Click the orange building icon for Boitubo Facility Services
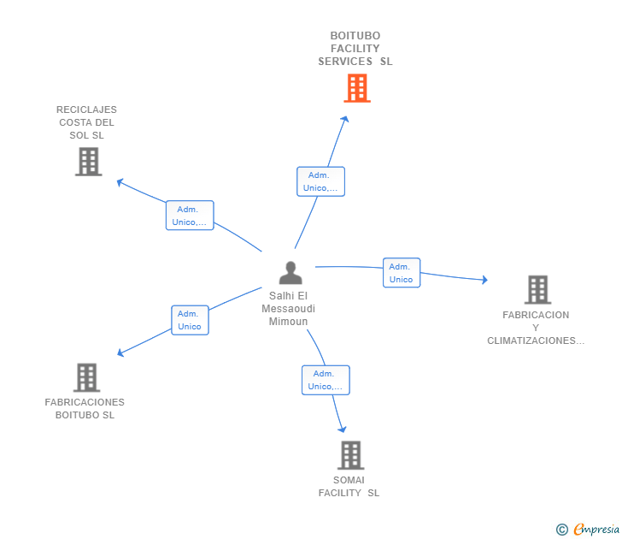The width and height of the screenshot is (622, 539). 357,88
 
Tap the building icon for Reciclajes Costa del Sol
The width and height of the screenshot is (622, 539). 88,162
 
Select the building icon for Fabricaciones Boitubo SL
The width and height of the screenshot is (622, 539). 86,377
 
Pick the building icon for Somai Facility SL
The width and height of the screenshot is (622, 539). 350,455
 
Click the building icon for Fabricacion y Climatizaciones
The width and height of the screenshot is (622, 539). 537,290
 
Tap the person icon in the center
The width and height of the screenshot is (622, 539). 290,273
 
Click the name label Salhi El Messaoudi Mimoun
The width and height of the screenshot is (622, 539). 288,308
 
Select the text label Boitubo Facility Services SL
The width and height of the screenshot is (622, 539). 355,49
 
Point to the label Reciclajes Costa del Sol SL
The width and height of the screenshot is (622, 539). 86,122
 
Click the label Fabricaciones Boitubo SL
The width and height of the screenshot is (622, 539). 85,409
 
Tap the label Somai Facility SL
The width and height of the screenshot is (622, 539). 349,486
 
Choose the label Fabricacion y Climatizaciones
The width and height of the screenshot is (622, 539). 536,328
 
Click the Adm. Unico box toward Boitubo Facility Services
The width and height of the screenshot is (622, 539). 320,181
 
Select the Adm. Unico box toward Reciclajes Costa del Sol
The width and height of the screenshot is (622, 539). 190,216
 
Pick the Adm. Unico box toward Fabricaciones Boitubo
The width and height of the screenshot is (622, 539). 190,320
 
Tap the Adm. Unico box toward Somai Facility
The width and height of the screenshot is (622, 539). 326,380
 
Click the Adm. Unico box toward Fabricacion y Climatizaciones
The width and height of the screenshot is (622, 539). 401,273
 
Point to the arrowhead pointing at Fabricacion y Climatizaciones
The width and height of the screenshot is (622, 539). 484,280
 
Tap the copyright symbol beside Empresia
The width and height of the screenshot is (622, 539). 561,530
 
